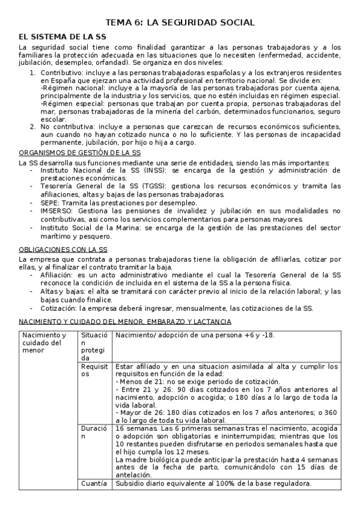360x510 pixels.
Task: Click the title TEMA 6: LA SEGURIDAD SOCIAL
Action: pos(180,22)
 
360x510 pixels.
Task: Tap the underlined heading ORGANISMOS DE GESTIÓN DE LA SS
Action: pos(80,153)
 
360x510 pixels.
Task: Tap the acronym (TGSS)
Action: pos(147,186)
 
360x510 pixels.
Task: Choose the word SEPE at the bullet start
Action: pos(49,202)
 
